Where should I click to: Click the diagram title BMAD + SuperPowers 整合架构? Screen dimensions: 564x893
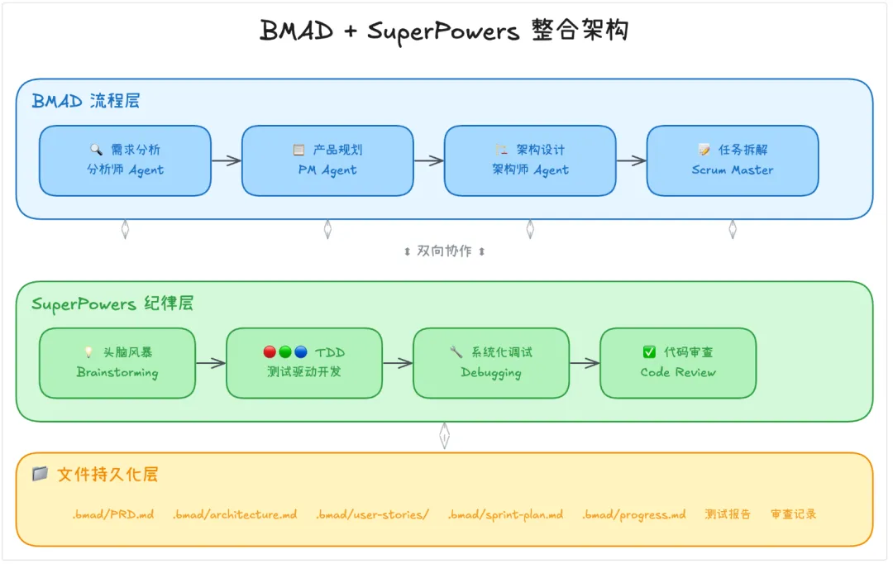444,31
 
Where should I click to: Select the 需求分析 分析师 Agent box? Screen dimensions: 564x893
125,160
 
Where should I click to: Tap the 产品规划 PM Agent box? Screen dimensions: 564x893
327,160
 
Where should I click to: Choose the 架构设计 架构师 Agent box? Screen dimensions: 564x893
530,160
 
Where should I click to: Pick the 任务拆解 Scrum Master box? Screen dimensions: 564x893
733,160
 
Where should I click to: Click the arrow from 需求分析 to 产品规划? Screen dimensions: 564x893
227,160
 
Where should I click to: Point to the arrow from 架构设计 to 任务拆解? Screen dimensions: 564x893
631,160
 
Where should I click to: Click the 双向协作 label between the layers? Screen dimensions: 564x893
444,251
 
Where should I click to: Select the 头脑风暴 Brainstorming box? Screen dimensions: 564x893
117,363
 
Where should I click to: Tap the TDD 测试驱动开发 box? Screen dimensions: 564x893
304,363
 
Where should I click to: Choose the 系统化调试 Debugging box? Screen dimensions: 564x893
491,363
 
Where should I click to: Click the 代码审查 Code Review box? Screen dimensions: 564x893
678,363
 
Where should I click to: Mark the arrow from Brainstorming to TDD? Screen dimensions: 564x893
211,363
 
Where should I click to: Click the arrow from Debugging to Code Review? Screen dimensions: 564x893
585,363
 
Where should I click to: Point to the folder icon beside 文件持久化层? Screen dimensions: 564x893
40,474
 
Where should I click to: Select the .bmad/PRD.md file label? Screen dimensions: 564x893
112,514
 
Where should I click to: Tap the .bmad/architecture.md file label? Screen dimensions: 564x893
235,514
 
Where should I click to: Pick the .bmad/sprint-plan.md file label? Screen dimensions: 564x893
505,514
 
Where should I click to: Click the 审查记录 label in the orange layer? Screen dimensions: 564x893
793,514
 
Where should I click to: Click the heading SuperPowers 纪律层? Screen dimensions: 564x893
112,304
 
